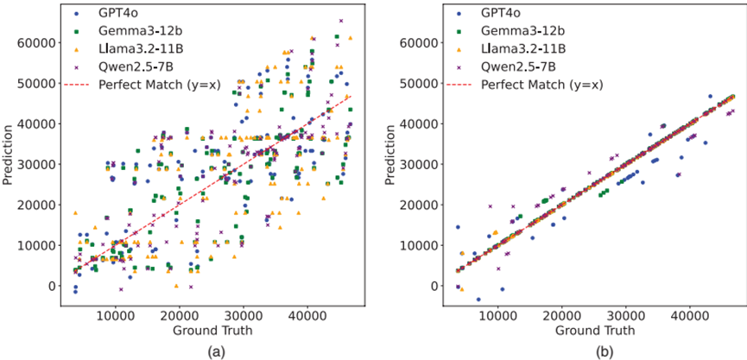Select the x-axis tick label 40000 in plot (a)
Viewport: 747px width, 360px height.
click(307, 316)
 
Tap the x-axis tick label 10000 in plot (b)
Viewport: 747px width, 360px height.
click(497, 316)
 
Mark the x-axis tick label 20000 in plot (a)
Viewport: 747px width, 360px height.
click(179, 316)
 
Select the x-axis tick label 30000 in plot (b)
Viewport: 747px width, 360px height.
click(625, 316)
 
